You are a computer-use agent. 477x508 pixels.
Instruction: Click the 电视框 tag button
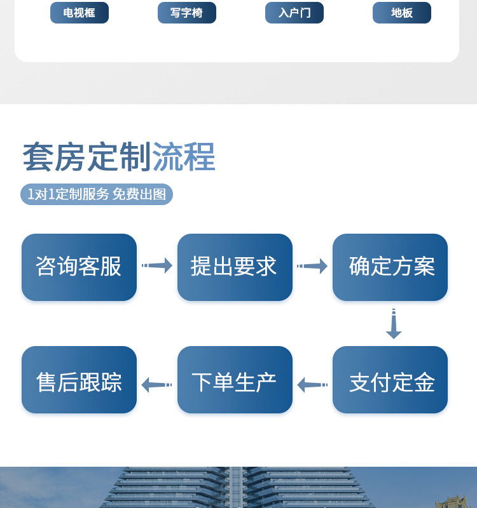pos(79,13)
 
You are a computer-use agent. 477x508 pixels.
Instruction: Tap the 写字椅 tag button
pos(187,13)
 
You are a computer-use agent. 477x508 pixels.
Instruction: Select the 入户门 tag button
pos(294,13)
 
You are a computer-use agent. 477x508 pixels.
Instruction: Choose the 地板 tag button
pos(402,13)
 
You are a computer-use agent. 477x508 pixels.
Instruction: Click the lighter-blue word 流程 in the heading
pos(184,157)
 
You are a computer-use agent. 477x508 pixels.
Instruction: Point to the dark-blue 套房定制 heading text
pos(86,157)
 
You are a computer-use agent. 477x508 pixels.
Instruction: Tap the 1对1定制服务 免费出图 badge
pos(97,194)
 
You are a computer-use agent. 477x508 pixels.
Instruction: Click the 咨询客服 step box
pos(79,267)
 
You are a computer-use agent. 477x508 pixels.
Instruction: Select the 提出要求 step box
pos(235,267)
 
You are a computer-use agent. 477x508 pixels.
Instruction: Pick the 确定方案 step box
pos(390,267)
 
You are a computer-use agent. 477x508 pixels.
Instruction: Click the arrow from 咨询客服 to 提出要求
pos(157,265)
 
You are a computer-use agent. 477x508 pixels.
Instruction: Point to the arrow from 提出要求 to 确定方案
pos(312,265)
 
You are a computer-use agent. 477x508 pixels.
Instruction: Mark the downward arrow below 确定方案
pos(394,324)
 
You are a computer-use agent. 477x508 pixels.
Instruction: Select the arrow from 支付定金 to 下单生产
pos(312,385)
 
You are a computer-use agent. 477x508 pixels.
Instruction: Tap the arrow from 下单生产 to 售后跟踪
pos(156,385)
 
